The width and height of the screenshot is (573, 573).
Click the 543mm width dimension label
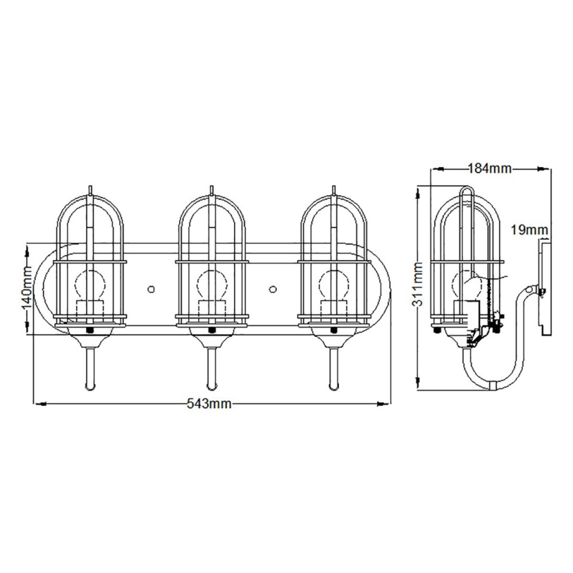[x=210, y=404]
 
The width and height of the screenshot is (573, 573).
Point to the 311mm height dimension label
[x=420, y=289]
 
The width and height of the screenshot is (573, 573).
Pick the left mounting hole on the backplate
[x=151, y=289]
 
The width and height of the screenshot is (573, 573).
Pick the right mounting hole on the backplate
[x=273, y=289]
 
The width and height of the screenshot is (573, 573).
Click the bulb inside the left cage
[x=90, y=285]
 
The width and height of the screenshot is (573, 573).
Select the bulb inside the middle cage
[x=211, y=285]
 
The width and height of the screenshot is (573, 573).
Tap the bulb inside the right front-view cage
[x=334, y=285]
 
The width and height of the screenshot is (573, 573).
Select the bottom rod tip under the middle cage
[x=211, y=387]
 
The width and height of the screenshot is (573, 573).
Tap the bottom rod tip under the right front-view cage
[x=334, y=387]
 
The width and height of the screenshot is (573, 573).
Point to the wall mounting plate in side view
[x=544, y=286]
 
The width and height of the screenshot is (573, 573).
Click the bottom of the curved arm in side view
[x=493, y=386]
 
